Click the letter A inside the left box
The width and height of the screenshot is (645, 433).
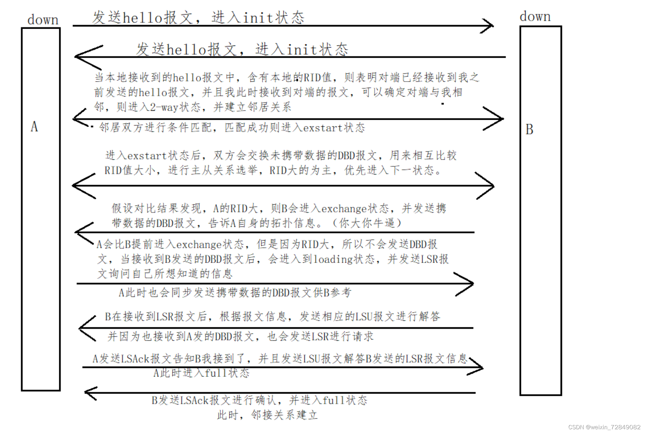click(34, 127)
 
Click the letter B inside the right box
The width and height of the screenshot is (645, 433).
click(529, 129)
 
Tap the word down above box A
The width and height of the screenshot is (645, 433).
click(43, 20)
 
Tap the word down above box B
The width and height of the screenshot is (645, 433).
click(535, 16)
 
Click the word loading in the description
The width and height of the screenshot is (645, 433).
click(333, 259)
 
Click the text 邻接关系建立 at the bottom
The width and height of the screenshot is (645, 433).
click(284, 415)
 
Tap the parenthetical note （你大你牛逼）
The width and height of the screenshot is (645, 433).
click(367, 223)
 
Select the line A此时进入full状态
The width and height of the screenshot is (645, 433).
click(201, 373)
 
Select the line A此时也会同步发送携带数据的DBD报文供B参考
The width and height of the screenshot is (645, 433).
click(235, 293)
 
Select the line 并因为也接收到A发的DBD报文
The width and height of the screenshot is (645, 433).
click(240, 336)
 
